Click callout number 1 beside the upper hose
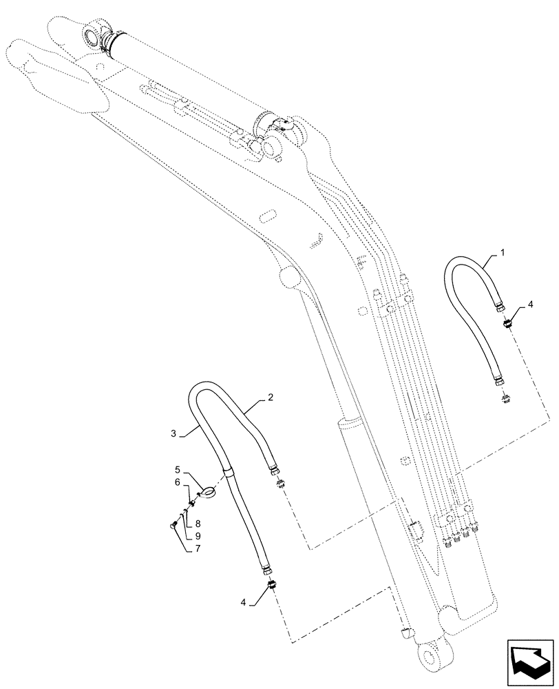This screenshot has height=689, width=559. tap(503, 254)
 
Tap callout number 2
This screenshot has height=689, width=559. tap(271, 398)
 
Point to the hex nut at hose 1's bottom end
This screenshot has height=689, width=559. tap(496, 382)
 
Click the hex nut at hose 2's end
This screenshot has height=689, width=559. tap(276, 471)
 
